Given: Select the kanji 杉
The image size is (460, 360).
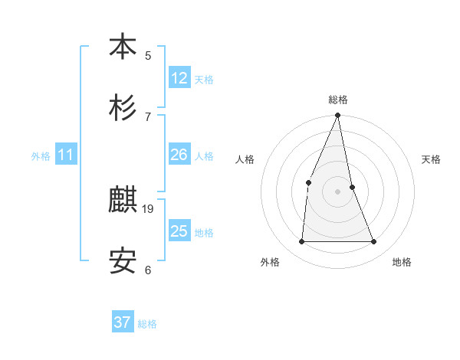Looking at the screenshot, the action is [x=123, y=108].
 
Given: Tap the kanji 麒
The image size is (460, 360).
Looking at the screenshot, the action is [x=123, y=201].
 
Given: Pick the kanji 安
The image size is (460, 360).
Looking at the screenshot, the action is [x=123, y=263].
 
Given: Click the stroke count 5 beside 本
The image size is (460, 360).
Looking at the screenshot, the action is [x=148, y=55].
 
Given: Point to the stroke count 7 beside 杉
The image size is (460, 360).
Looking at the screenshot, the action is [x=148, y=116].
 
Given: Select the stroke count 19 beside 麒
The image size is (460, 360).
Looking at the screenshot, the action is [x=148, y=208].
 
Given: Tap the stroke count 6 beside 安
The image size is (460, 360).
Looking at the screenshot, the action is [x=148, y=270].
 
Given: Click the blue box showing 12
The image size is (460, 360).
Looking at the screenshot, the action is [x=179, y=78].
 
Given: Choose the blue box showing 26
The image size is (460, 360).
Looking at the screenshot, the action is [x=179, y=155].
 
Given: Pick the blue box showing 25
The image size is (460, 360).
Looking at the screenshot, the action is [x=179, y=231].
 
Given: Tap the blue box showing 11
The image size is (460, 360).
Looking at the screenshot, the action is [x=66, y=155].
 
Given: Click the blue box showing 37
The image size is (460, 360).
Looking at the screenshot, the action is [x=123, y=322].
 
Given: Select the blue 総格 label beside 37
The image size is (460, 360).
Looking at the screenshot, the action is [x=147, y=324].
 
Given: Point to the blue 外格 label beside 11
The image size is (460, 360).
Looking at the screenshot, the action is [x=41, y=156].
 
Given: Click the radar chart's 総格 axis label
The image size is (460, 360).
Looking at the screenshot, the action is [x=337, y=100].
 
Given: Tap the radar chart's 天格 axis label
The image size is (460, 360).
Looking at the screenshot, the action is [x=432, y=159].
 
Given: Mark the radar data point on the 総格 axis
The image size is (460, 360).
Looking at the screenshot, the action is [x=337, y=116].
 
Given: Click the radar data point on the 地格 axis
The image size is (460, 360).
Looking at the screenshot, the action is [x=374, y=242].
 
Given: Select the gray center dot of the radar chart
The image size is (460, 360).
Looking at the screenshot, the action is [x=337, y=191].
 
